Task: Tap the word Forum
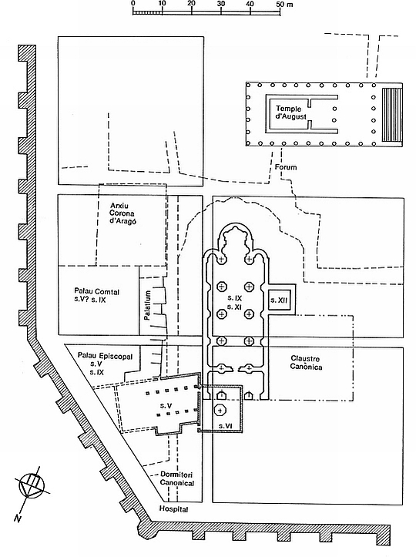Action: coord(286,167)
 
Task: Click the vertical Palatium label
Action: coord(148,306)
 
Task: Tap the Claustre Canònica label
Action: coord(307,363)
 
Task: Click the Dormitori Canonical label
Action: coord(177,478)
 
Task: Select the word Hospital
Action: coord(173,509)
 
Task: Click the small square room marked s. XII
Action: coord(279,300)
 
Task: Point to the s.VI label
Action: coord(225,425)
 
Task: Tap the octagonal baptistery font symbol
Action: coord(220,411)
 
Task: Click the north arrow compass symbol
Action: coord(32,485)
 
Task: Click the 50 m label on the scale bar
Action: coord(284,4)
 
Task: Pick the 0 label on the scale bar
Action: coord(133,3)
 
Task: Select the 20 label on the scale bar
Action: coord(192,3)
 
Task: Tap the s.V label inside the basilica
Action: coord(166,405)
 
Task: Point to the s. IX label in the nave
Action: coord(235,297)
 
